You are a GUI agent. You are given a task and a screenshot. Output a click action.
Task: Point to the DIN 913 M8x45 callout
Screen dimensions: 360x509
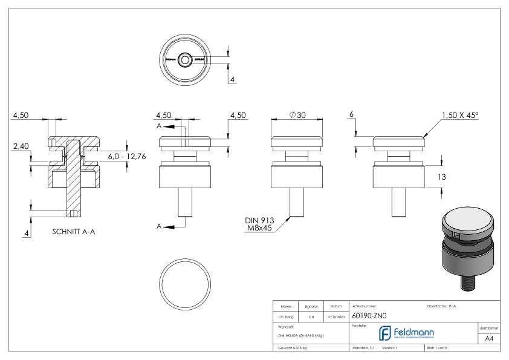(261, 224)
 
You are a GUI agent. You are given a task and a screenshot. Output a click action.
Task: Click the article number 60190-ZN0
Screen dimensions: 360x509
(369, 315)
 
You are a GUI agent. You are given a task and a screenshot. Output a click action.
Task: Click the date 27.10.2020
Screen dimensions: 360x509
(336, 316)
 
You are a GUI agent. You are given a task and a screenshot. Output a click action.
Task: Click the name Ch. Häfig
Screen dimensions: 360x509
(286, 316)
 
